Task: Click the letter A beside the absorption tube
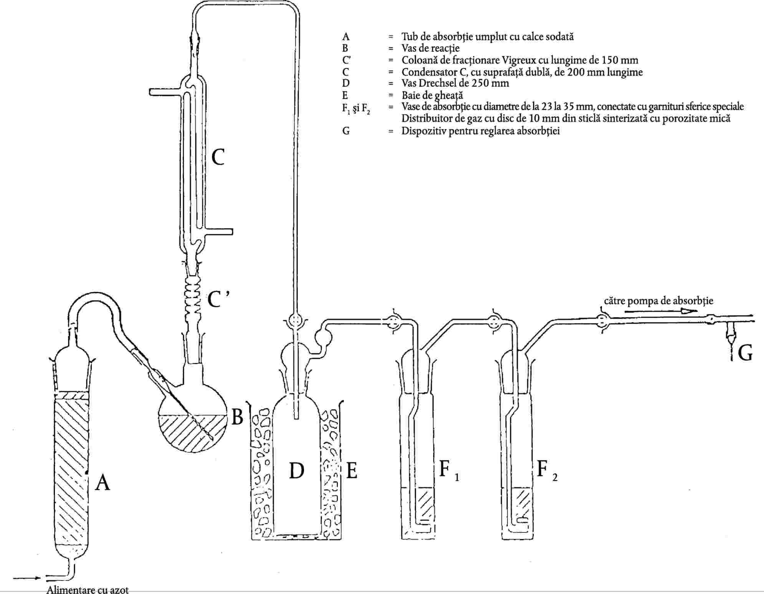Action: tap(102, 482)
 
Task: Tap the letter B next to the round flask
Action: tap(238, 416)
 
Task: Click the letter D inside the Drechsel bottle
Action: tap(297, 470)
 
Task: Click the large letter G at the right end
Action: tap(745, 353)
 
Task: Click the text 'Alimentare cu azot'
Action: tap(88, 589)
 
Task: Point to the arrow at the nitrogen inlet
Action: tap(26, 577)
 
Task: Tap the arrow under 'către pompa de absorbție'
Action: tap(661, 311)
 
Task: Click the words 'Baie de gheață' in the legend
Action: tap(432, 95)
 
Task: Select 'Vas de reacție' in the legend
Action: tap(430, 48)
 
